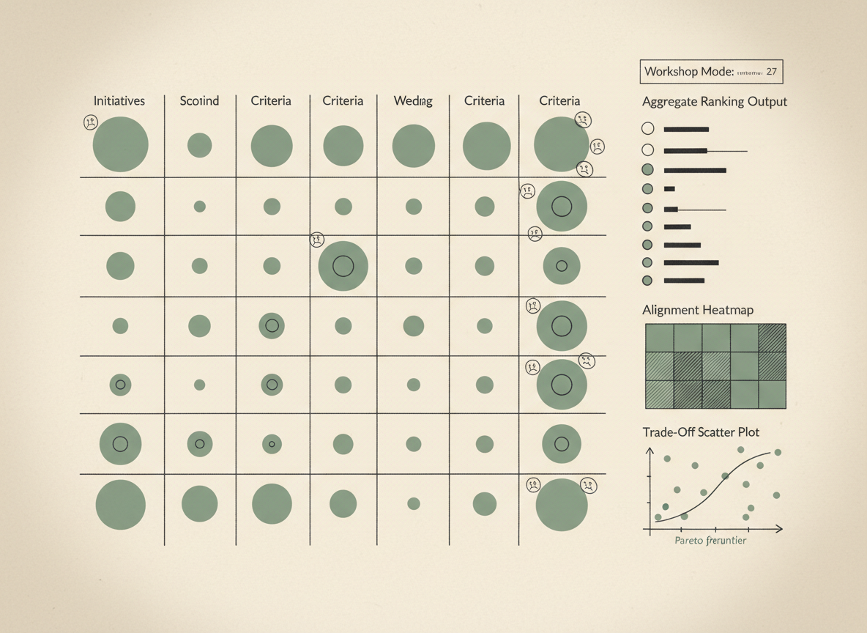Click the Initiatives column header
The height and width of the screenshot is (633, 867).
pos(119,101)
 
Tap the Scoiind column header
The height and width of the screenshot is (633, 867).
pos(199,101)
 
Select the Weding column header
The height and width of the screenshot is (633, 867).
pos(413,101)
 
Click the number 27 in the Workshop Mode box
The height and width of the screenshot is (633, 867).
pos(770,72)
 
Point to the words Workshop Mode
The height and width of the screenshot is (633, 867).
pos(688,72)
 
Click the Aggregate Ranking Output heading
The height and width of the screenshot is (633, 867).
pos(714,102)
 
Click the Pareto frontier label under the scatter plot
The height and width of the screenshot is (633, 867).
pos(710,541)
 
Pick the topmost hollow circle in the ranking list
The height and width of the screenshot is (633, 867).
pos(647,129)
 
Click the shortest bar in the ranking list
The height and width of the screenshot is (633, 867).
pos(669,189)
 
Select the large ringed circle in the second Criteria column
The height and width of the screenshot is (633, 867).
pos(343,266)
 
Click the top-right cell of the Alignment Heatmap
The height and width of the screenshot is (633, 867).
pos(772,338)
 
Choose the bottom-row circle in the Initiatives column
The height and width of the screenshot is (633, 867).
pos(120,505)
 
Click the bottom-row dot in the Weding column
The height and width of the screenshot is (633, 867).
pos(413,503)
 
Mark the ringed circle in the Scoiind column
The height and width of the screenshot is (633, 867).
pos(199,443)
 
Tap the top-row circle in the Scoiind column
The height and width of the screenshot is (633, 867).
pos(199,145)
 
